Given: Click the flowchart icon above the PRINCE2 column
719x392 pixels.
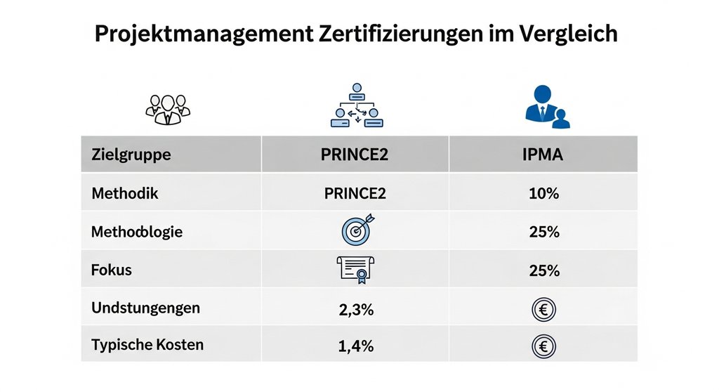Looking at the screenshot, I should point(356,106).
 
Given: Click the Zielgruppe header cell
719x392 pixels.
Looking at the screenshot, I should point(131,155).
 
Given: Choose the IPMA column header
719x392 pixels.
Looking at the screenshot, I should point(543,155).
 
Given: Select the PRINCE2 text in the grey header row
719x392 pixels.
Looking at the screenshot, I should point(356,155).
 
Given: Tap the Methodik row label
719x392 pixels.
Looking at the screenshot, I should point(125,193).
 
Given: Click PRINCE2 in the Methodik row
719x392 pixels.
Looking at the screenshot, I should point(356,193).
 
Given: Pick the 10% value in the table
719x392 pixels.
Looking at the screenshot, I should point(543,193).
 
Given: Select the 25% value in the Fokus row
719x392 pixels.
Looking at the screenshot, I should point(543,270).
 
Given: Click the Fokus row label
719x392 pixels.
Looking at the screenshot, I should point(112,270).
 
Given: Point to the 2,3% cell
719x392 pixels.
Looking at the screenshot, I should point(356,308).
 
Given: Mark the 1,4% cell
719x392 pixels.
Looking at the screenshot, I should point(356,346).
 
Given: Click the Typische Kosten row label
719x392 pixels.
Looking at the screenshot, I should point(147,345).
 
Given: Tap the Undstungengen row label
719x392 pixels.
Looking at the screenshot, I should point(145,308).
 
